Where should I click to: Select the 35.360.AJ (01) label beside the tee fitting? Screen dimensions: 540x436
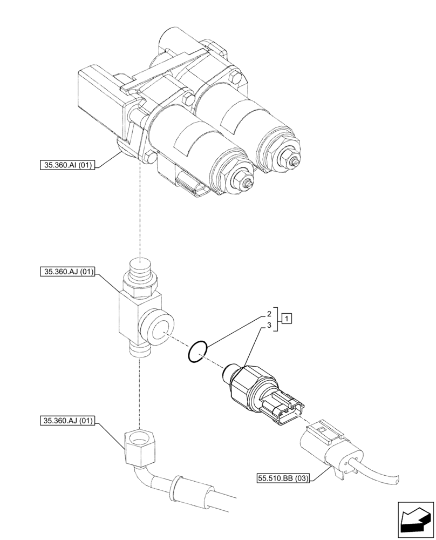(x=67, y=273)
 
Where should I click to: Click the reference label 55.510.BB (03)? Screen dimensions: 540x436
(x=283, y=478)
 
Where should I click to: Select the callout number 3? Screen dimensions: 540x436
(x=268, y=325)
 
